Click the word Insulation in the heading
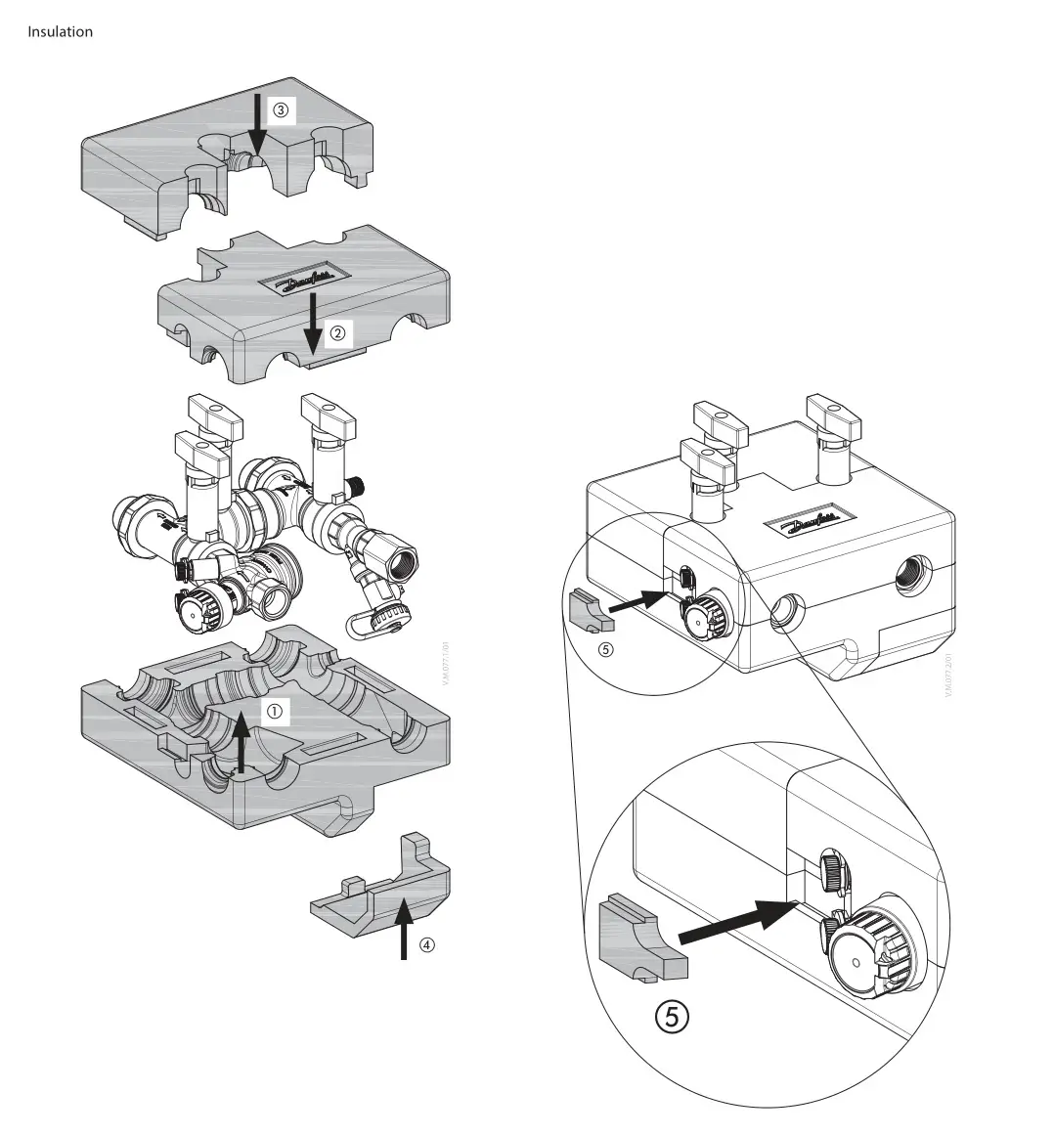click(x=60, y=31)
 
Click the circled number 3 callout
click(x=281, y=110)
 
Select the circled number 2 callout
click(x=337, y=333)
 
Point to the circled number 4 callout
click(x=426, y=945)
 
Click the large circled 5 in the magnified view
click(x=672, y=1017)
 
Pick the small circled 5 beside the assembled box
click(x=605, y=648)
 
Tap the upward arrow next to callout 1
click(x=242, y=743)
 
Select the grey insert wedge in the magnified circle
click(x=639, y=939)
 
